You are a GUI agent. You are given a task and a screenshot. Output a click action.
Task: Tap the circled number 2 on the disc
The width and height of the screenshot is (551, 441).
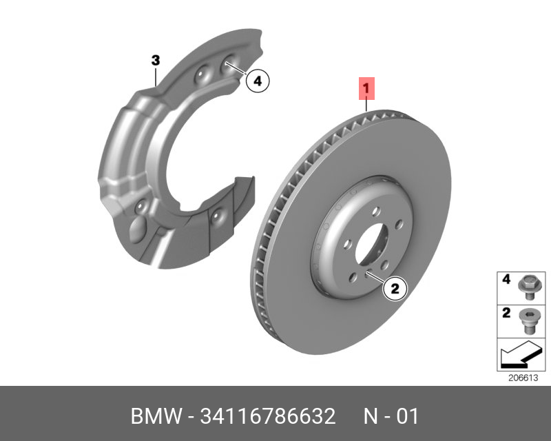click(395, 289)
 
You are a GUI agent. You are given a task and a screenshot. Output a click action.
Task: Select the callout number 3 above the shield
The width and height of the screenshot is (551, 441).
click(156, 61)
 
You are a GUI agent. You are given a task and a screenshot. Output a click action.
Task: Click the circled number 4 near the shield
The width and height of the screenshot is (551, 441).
click(257, 81)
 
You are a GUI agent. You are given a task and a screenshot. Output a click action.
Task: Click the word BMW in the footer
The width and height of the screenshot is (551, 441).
click(153, 417)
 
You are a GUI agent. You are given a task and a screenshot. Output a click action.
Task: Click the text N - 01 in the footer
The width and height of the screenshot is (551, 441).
click(391, 417)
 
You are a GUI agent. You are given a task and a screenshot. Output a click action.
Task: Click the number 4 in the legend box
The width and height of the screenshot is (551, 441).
click(505, 280)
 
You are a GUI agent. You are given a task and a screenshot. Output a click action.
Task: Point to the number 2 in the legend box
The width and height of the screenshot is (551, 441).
click(505, 314)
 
